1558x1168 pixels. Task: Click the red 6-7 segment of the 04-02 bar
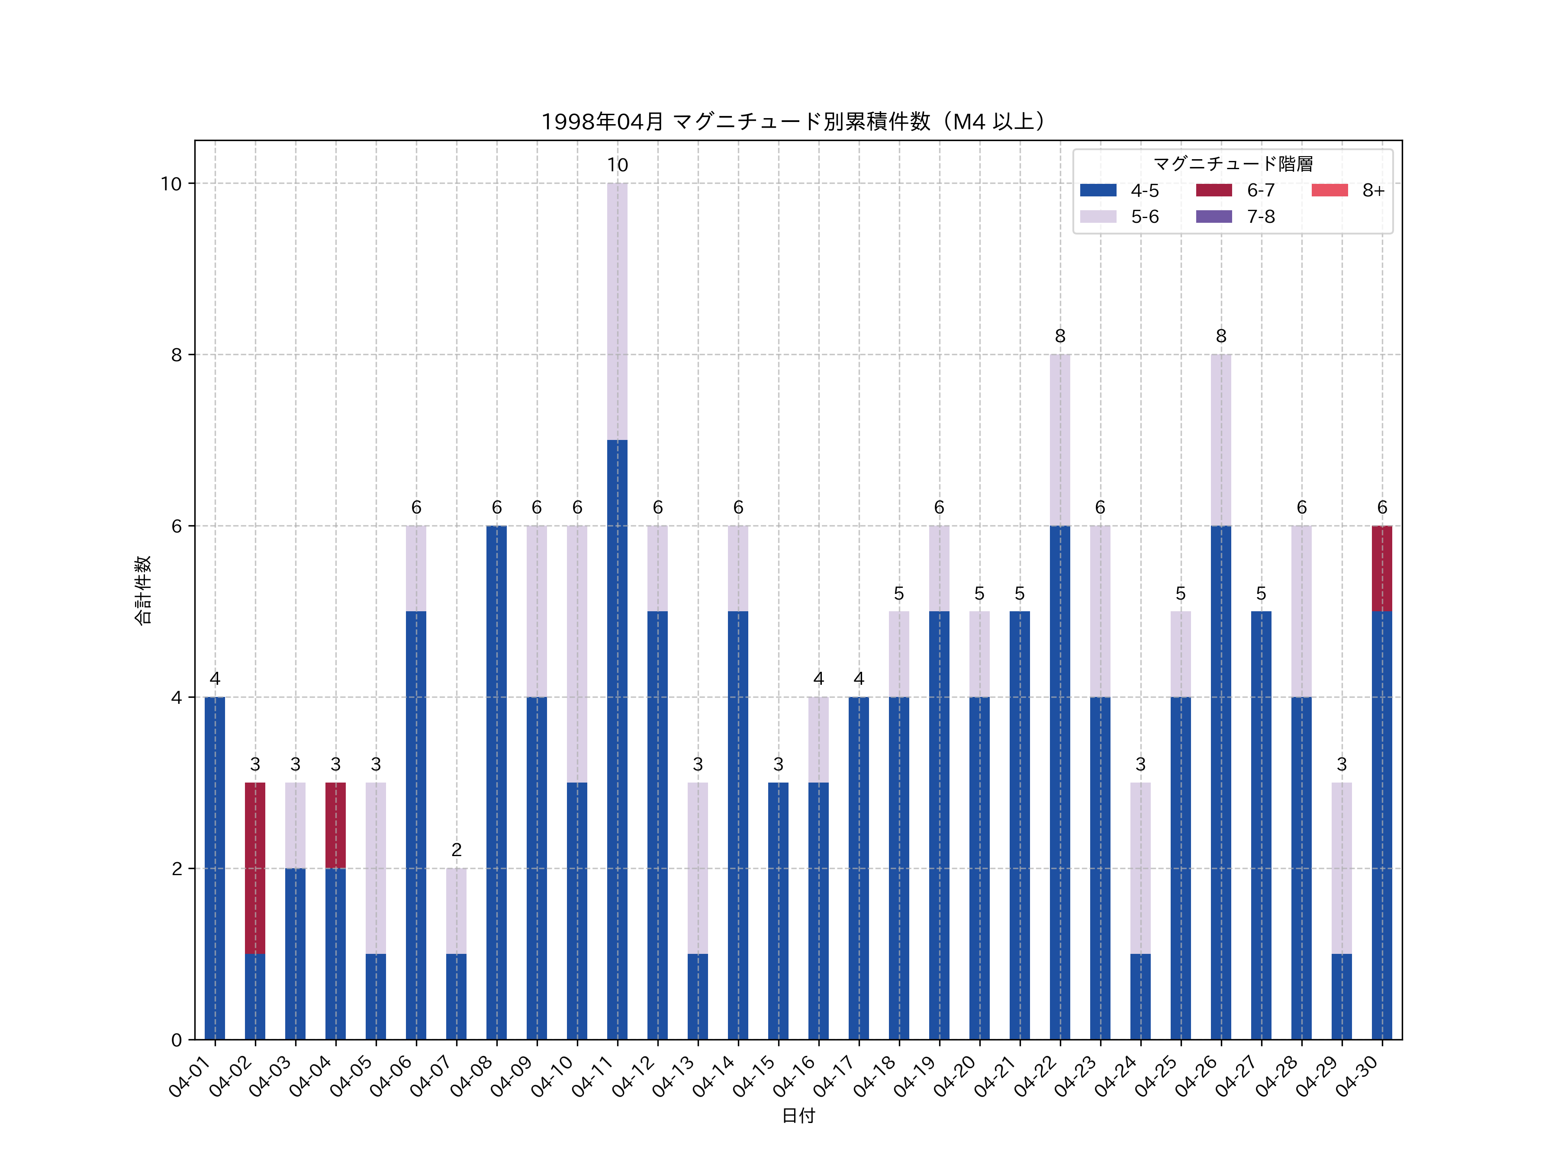click(x=255, y=868)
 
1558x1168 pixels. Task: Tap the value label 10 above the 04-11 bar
click(x=617, y=165)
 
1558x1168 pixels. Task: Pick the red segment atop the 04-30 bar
click(x=1381, y=568)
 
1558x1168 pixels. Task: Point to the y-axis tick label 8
click(x=176, y=355)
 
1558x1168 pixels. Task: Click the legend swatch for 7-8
click(x=1214, y=217)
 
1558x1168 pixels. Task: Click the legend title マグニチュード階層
click(x=1233, y=164)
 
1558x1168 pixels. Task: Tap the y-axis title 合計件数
click(x=143, y=590)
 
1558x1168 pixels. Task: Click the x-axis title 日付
click(x=798, y=1116)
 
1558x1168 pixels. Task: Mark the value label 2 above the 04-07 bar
click(x=457, y=850)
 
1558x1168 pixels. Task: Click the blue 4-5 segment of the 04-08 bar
click(x=496, y=782)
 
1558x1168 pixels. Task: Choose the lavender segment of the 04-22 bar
click(x=1059, y=440)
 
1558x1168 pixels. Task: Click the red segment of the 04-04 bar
click(x=335, y=825)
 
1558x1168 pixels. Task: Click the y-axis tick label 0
click(x=176, y=1040)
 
